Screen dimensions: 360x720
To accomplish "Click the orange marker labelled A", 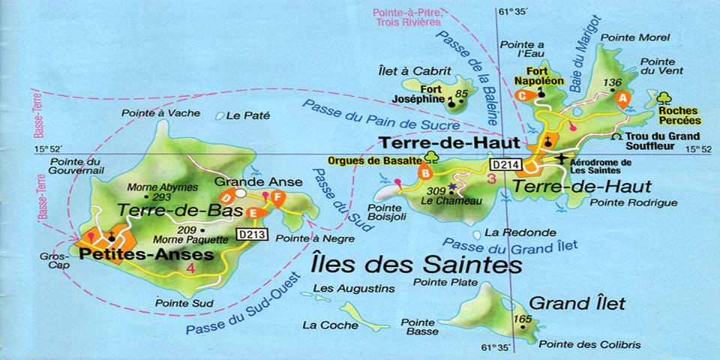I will (621, 97).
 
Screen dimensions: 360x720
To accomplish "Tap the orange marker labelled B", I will (426, 173).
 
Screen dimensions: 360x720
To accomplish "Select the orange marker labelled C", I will (523, 95).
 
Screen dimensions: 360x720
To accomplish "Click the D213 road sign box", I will (252, 234).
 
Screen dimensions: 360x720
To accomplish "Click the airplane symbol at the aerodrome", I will (564, 158).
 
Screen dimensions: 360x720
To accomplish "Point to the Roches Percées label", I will (679, 115).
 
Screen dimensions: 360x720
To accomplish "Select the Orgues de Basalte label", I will (374, 160).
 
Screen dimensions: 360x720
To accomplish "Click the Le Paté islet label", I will (247, 115).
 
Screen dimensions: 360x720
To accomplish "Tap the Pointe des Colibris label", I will (589, 344).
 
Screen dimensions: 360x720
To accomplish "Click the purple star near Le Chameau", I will (452, 186).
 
